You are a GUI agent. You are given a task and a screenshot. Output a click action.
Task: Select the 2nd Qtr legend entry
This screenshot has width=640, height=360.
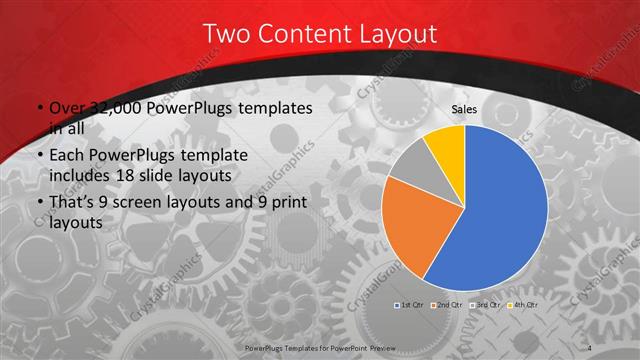click(x=448, y=304)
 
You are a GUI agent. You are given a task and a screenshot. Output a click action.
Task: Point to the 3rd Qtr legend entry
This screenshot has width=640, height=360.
click(x=486, y=304)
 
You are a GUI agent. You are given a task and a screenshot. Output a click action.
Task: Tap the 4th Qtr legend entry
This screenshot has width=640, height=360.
click(x=524, y=304)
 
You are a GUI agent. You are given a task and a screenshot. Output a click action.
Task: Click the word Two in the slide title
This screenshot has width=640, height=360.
click(x=225, y=34)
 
